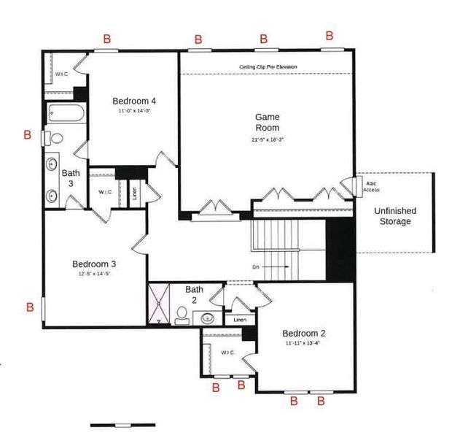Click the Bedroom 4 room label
click(133, 100)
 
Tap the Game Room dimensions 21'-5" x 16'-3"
click(267, 139)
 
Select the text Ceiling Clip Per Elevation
click(268, 67)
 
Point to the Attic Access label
click(371, 187)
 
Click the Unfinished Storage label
click(393, 216)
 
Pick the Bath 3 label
click(71, 178)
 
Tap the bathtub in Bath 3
click(66, 114)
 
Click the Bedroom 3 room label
click(93, 264)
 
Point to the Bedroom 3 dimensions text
click(93, 275)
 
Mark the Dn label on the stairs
click(256, 267)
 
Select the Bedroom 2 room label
click(304, 333)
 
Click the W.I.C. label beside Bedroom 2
click(227, 352)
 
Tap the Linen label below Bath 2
click(238, 320)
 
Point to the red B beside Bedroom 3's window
click(30, 307)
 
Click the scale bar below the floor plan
click(124, 424)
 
